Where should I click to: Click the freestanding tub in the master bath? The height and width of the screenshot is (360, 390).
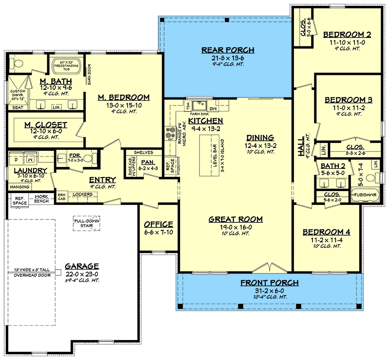point(66,65)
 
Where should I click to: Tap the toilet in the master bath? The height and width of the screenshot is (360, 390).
point(17,64)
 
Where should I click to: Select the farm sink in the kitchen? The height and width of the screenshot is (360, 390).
point(199,105)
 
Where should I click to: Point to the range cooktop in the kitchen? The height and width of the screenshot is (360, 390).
point(171,133)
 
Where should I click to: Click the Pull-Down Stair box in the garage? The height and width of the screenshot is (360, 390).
point(87,223)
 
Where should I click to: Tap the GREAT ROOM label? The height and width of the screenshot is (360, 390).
point(235,220)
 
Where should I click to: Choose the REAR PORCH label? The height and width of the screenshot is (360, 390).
point(228,50)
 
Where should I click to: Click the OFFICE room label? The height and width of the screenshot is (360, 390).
point(158,224)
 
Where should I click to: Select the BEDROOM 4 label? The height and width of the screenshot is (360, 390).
point(326,232)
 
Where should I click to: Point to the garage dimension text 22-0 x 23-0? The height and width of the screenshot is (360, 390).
point(82,274)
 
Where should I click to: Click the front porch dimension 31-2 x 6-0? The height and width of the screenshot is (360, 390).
point(269,291)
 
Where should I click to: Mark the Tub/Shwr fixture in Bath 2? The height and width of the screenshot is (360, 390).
point(365,195)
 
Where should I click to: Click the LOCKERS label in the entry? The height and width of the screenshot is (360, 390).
point(83,194)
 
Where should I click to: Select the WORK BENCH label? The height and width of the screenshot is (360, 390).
point(41,199)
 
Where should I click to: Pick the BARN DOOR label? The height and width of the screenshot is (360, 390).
point(89,74)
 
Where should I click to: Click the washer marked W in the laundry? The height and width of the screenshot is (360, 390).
point(30,159)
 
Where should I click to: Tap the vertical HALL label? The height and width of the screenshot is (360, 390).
point(301,146)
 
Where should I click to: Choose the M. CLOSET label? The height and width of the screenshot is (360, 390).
point(46,125)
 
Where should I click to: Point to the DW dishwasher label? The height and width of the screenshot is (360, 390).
point(213,109)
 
